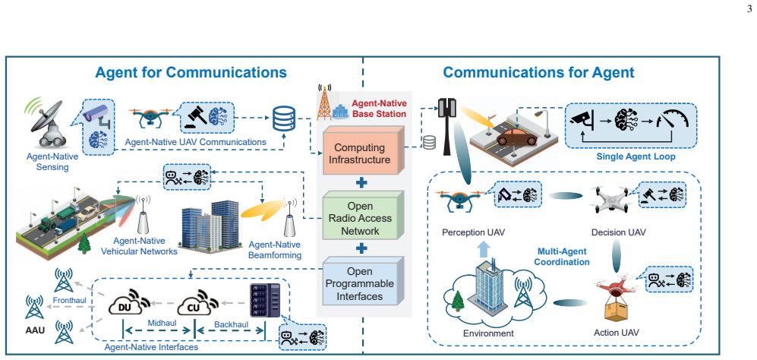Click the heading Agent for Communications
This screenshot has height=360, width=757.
[x=191, y=72]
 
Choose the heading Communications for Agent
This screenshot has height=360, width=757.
[x=539, y=72]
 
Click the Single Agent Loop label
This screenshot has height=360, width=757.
[x=636, y=156]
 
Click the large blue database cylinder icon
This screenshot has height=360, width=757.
[x=283, y=119]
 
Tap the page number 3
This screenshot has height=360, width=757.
[x=749, y=8]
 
